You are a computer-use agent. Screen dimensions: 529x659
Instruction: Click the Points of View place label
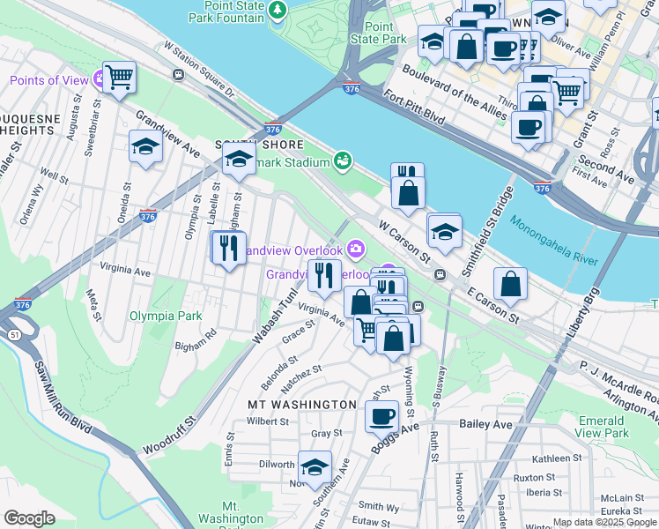[49, 81]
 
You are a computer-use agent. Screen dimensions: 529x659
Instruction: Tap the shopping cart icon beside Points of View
[119, 77]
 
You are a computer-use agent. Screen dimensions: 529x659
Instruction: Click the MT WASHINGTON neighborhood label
[301, 404]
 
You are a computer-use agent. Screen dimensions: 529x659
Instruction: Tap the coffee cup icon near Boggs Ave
[382, 416]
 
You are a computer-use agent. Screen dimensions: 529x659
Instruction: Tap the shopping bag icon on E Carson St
[510, 284]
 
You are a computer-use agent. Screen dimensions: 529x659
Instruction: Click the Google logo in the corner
[29, 518]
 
